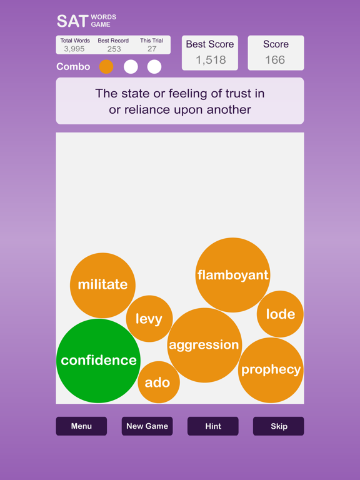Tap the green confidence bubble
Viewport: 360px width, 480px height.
pyautogui.click(x=98, y=361)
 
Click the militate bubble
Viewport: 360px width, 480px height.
pyautogui.click(x=102, y=285)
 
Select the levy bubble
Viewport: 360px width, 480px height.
pyautogui.click(x=149, y=319)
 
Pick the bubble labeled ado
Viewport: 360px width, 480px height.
pyautogui.click(x=159, y=382)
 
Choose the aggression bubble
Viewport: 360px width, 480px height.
pyautogui.click(x=204, y=345)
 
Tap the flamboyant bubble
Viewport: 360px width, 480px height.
pyautogui.click(x=232, y=275)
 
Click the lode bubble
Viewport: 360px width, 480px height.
pyautogui.click(x=280, y=314)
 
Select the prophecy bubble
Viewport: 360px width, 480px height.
pyautogui.click(x=271, y=370)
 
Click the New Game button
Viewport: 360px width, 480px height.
pyautogui.click(x=147, y=426)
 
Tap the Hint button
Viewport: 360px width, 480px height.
pyautogui.click(x=213, y=426)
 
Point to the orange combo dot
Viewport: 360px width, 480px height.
pyautogui.click(x=106, y=67)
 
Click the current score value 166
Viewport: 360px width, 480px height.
pyautogui.click(x=275, y=60)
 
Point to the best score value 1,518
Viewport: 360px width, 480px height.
pyautogui.click(x=211, y=60)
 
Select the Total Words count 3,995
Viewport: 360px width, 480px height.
pyautogui.click(x=74, y=49)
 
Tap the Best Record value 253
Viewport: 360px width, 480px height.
pyautogui.click(x=114, y=49)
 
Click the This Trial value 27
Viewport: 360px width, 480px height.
pyautogui.click(x=152, y=49)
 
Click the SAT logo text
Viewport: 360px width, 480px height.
pyautogui.click(x=72, y=21)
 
